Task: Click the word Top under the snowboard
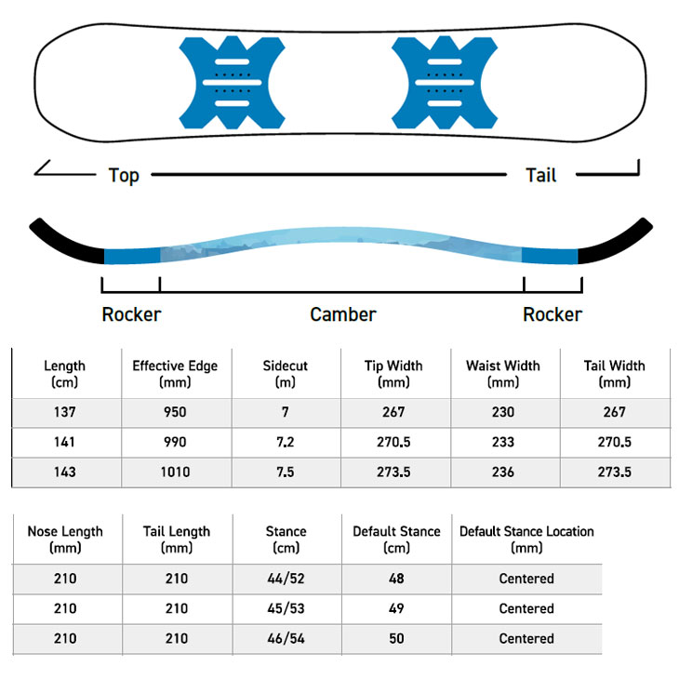(124, 176)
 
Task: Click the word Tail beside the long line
(540, 176)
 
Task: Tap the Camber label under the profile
(343, 314)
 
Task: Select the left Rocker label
(131, 314)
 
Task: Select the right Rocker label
(553, 314)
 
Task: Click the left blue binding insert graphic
(233, 82)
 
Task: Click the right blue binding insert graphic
(445, 82)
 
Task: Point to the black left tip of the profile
(64, 241)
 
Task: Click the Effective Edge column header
(175, 374)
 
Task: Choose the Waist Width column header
(503, 374)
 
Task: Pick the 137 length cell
(64, 412)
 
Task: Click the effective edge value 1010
(175, 472)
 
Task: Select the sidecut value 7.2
(285, 442)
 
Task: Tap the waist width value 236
(503, 472)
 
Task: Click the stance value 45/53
(286, 608)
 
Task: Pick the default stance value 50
(396, 638)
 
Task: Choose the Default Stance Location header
(526, 539)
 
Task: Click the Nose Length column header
(65, 539)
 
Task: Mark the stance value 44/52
(286, 579)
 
